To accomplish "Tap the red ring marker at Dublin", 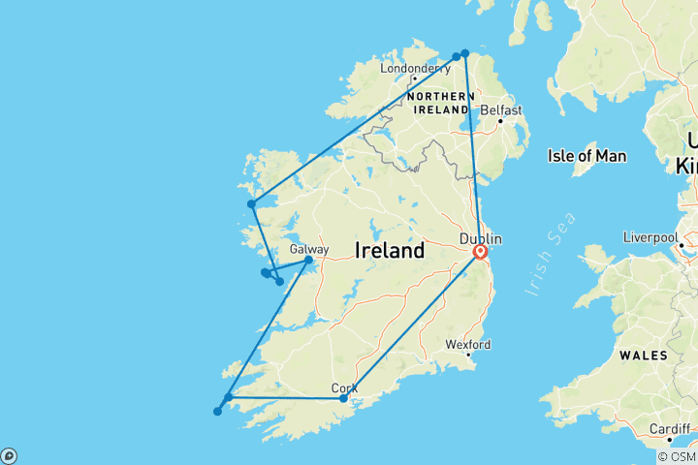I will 479,253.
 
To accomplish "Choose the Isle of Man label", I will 587,156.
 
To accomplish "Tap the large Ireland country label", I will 390,251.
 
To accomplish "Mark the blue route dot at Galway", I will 309,260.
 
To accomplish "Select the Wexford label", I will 468,344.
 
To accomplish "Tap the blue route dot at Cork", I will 343,398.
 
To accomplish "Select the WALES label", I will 645,356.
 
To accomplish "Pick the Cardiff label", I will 671,428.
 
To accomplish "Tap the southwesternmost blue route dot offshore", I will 217,412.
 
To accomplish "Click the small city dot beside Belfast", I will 501,121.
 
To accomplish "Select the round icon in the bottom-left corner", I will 9,455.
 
